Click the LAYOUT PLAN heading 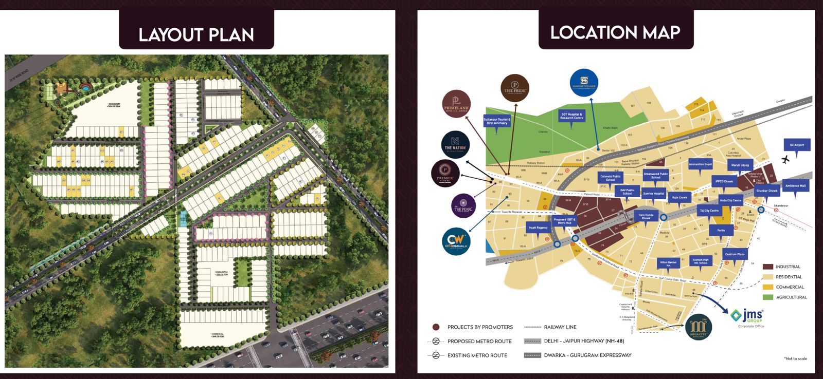click(x=196, y=35)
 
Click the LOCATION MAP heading click(x=615, y=33)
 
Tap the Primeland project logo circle click(x=456, y=104)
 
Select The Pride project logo click(x=515, y=87)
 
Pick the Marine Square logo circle click(x=584, y=83)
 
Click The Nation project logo click(x=455, y=144)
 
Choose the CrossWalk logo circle click(x=456, y=241)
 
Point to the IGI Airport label click(x=797, y=145)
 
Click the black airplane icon click(x=785, y=160)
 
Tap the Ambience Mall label click(x=795, y=186)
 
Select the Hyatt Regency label click(x=539, y=228)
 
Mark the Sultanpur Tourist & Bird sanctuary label click(x=497, y=121)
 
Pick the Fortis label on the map click(x=721, y=231)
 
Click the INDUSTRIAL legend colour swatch click(x=767, y=267)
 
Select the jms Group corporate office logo click(x=747, y=316)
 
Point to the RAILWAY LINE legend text click(x=560, y=327)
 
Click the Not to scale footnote click(x=795, y=358)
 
